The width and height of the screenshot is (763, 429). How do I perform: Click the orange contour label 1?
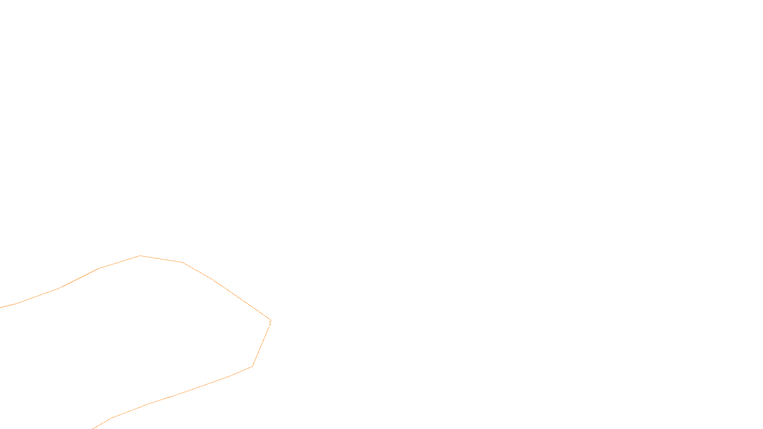tap(270, 323)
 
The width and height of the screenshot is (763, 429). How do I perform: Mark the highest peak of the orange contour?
tap(140, 256)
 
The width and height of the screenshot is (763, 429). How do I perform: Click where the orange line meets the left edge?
tap(0, 307)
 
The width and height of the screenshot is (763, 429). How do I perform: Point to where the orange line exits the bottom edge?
tap(93, 428)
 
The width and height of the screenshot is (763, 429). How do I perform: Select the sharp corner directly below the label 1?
tap(252, 366)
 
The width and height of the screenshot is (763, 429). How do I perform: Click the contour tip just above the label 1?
tap(270, 319)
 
